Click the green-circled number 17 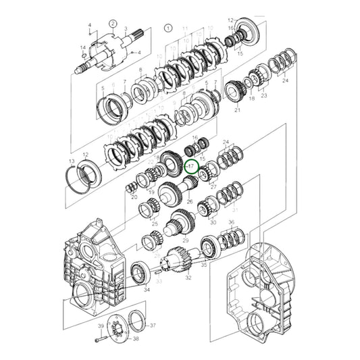191,165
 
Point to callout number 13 72,161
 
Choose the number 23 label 264,95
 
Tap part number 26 189,201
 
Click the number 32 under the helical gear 188,277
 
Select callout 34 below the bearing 146,288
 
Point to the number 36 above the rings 230,222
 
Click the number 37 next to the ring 153,325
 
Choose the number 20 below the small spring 134,197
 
